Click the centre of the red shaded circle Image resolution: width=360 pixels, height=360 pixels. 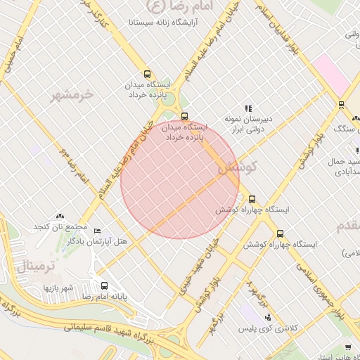click(180, 180)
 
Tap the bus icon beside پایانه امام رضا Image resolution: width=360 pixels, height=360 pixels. click(105, 286)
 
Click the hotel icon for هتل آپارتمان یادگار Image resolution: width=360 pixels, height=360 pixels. click(97, 231)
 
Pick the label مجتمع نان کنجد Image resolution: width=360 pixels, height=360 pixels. click(60, 226)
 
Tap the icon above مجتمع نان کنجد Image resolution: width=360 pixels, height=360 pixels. click(60, 216)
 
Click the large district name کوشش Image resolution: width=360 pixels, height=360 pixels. click(238, 169)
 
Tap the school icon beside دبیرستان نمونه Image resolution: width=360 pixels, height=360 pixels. click(247, 108)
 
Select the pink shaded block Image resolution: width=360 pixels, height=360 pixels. click(330, 73)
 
